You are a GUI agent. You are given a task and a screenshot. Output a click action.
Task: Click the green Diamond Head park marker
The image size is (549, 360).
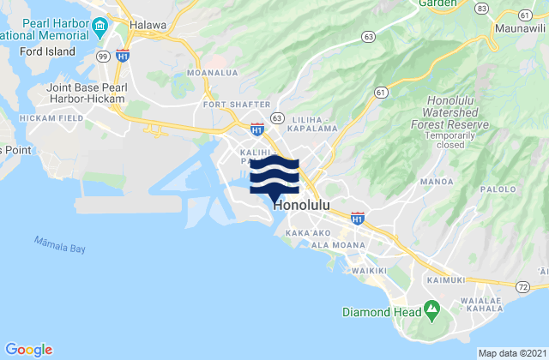(x=431, y=307)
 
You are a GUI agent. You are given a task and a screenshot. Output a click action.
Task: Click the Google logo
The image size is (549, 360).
(x=28, y=349)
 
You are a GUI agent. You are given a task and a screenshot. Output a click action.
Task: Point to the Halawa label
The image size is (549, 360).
(x=148, y=25)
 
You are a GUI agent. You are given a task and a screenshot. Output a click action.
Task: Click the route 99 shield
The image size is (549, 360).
(x=103, y=56)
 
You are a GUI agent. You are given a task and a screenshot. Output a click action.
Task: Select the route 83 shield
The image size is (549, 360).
(x=482, y=9)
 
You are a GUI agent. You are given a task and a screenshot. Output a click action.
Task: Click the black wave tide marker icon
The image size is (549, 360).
(x=274, y=176)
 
